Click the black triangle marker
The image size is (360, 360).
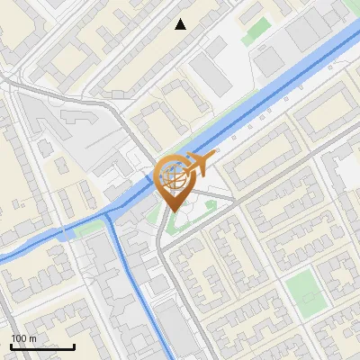[x=181, y=24]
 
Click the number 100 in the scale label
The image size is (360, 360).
[x=21, y=338]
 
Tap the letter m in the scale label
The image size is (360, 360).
[x=34, y=338]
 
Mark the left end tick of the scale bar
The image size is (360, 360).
[x=11, y=346]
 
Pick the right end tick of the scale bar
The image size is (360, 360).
[x=74, y=346]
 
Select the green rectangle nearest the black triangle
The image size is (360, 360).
[x=257, y=29]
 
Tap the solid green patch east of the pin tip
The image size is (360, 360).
[x=211, y=206]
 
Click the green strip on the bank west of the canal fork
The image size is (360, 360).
[x=88, y=229]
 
